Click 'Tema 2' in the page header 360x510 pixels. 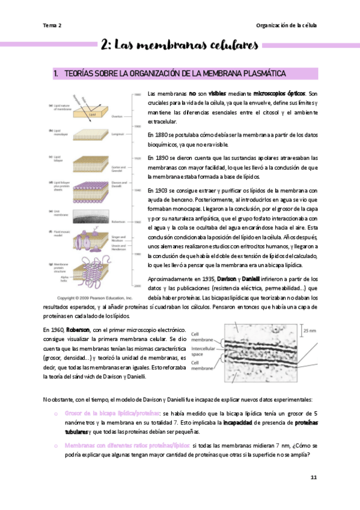[x=52, y=25]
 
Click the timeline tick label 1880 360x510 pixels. [x=137, y=95]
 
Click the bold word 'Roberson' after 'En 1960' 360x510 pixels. [x=78, y=330]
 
